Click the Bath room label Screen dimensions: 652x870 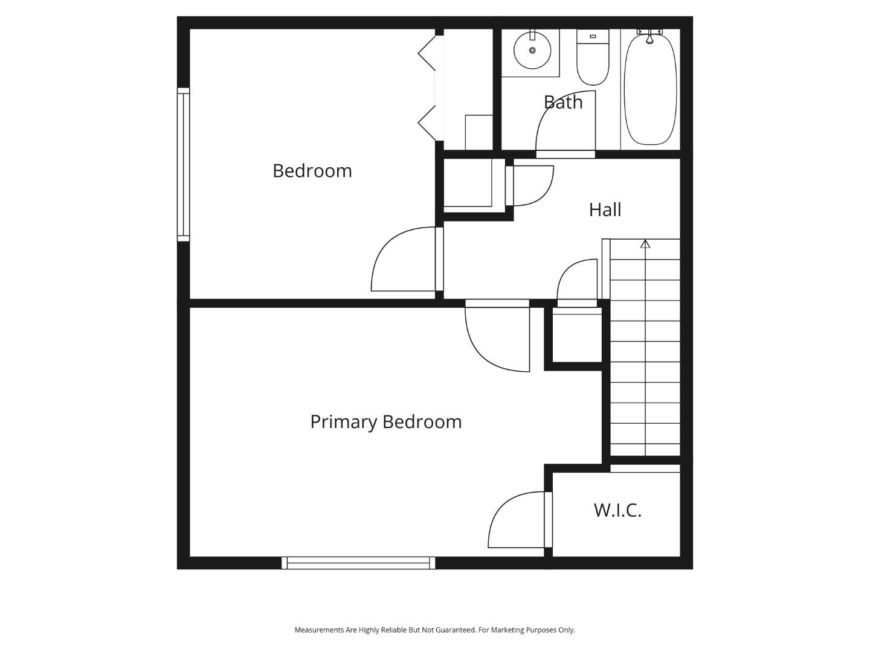point(563,102)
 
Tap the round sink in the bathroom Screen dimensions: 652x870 point(532,50)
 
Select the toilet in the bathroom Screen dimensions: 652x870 point(593,59)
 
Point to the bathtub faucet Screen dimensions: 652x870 point(649,37)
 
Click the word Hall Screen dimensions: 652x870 point(605,209)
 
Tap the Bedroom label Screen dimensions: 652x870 point(312,171)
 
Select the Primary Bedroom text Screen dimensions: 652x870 point(385,421)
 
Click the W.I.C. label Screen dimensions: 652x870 point(617,510)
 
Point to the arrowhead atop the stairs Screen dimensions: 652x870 point(645,244)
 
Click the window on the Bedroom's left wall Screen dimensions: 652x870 point(183,164)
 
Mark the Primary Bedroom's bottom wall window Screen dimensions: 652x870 point(358,563)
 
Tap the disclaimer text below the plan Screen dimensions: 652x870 point(434,630)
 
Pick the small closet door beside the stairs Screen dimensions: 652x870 point(578,283)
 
